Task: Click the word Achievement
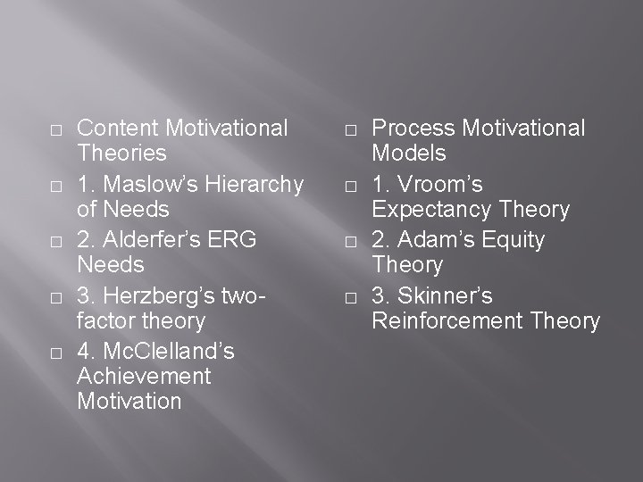pos(144,376)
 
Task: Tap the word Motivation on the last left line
pos(129,401)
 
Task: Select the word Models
pos(409,154)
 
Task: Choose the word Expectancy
pos(425,210)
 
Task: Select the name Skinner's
pos(444,295)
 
